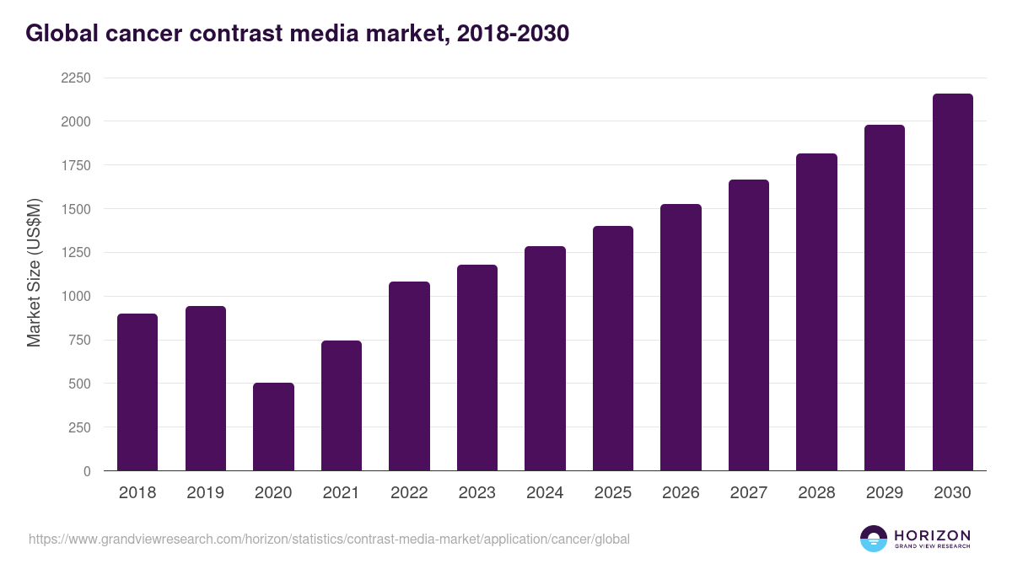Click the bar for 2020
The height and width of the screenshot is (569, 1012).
coord(273,427)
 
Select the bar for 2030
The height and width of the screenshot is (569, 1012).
coord(952,282)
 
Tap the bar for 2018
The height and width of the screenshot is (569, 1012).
coord(137,392)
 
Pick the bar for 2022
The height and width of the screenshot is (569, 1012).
coord(409,376)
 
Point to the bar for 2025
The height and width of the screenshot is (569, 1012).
coord(612,348)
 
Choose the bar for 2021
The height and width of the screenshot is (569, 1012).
coord(341,405)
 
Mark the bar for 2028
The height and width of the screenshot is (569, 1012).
coord(816,312)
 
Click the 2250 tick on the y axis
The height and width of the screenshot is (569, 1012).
coord(76,78)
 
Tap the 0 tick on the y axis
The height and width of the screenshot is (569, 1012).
coord(87,471)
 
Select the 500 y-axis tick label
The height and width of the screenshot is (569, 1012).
coord(79,384)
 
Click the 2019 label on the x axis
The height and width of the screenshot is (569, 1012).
coord(205,493)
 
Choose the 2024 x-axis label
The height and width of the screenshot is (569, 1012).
coord(545,493)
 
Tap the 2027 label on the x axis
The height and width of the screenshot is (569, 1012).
coord(748,493)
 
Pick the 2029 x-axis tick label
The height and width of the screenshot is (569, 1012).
coord(884,493)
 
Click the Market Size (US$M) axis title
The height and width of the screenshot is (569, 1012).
coord(34,273)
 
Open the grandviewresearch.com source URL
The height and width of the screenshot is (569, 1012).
coord(329,539)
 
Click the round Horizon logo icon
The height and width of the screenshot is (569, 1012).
coord(873,539)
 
